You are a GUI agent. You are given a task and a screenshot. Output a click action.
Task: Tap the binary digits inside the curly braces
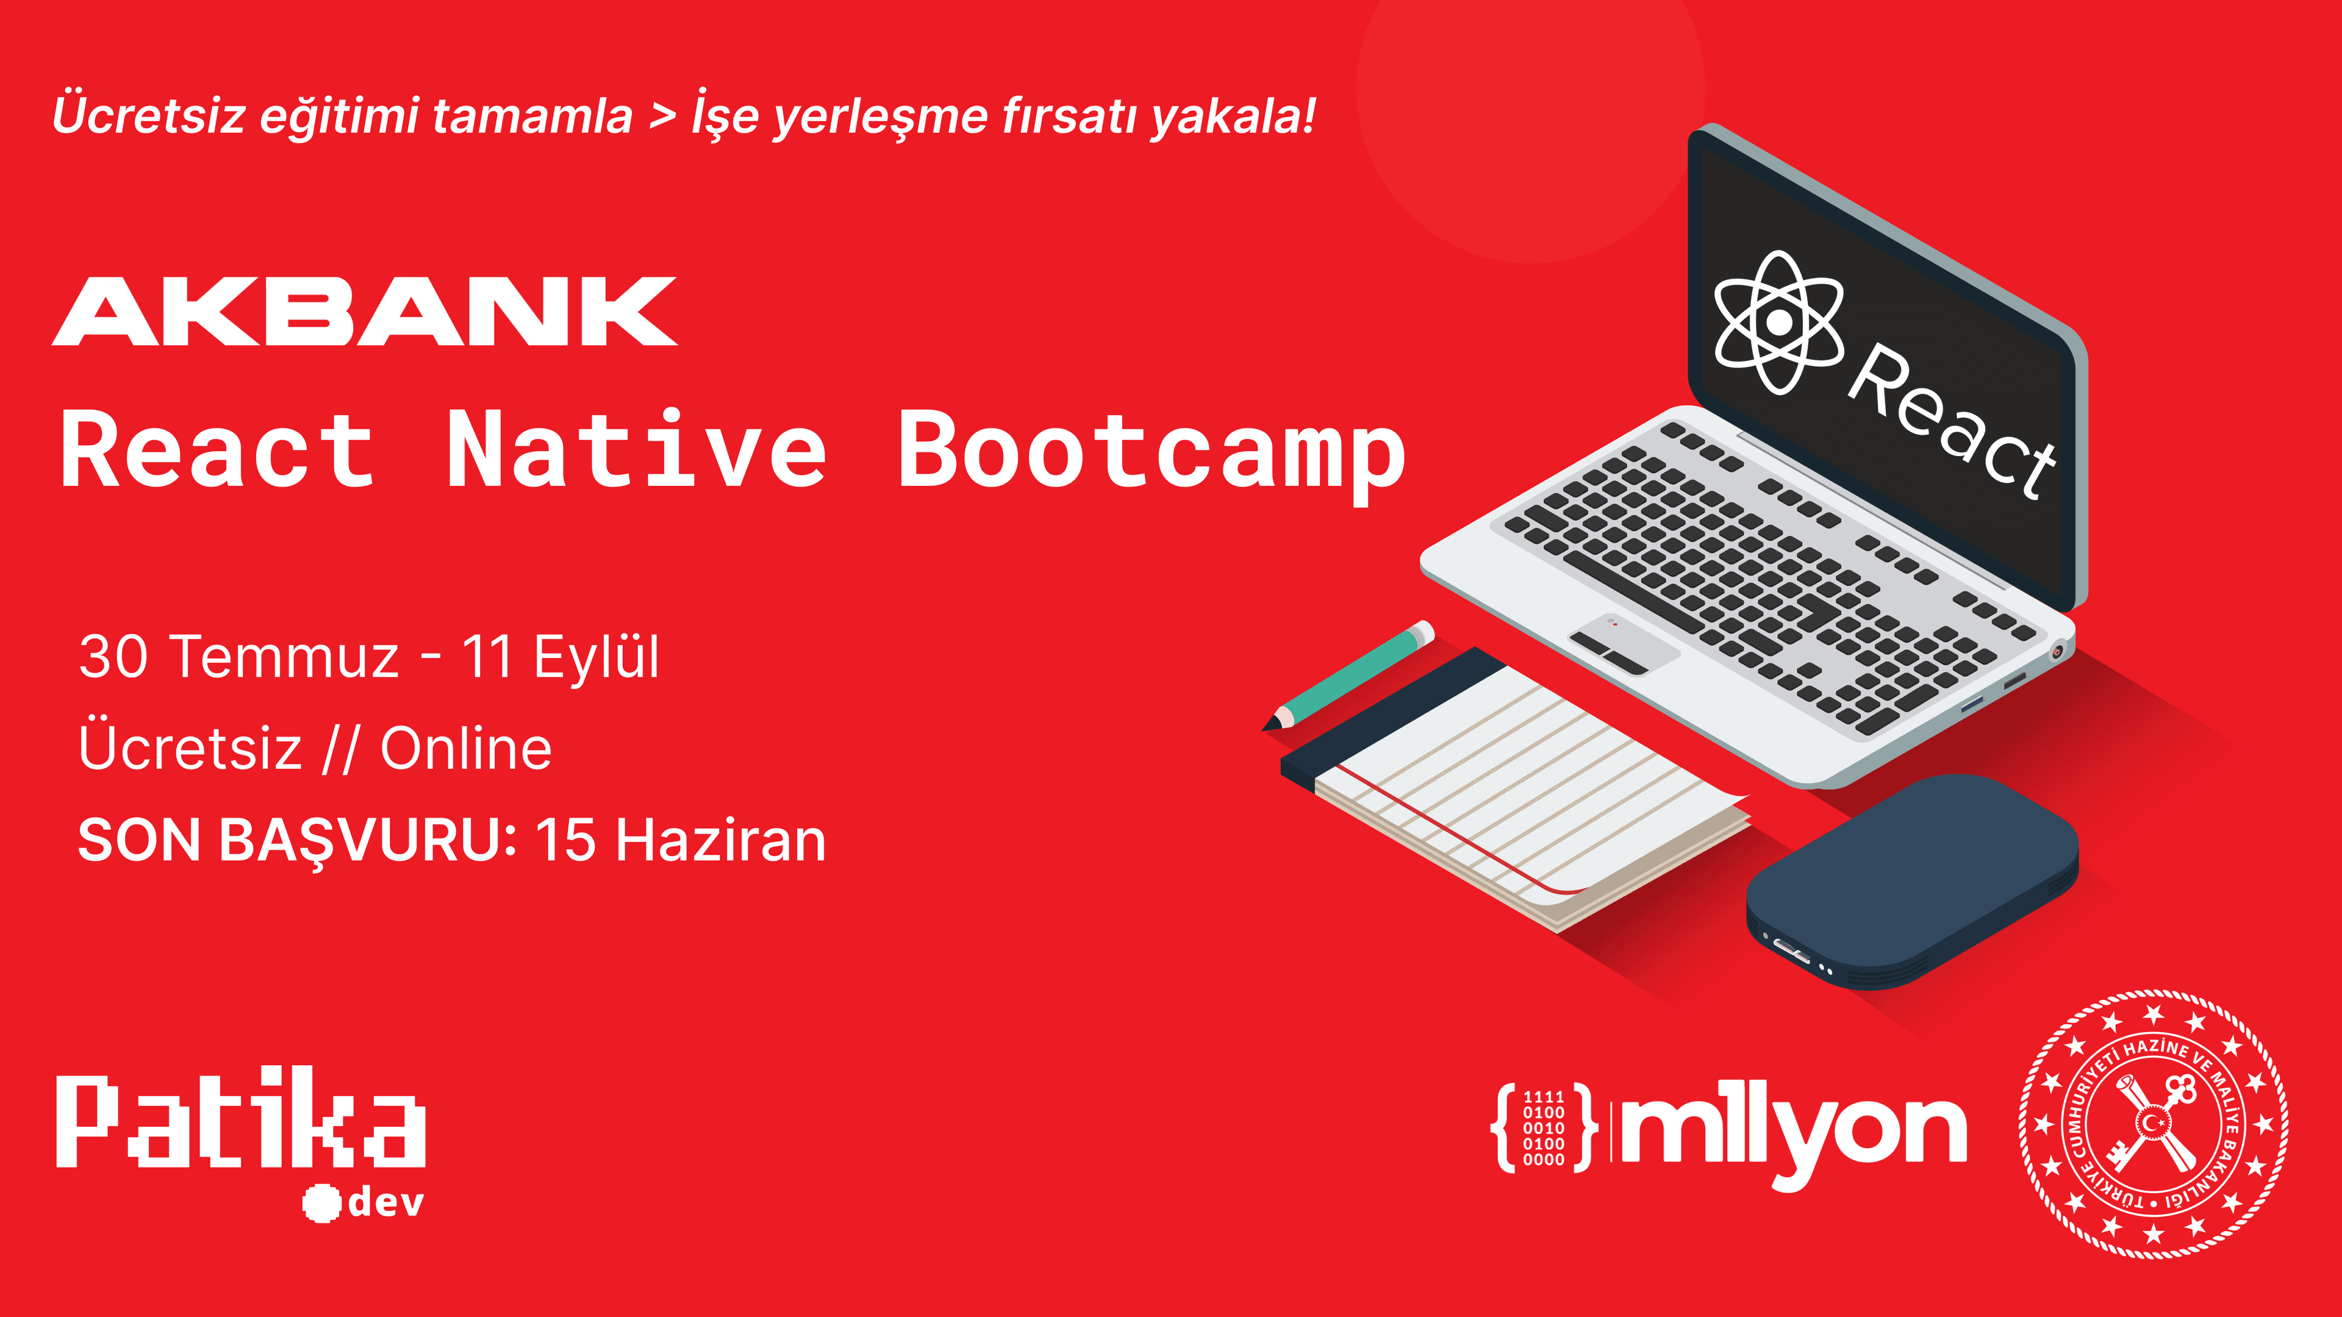(x=1543, y=1128)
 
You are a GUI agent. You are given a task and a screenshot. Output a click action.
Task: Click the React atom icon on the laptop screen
(x=1778, y=322)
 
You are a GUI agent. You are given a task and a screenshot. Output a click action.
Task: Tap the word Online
(x=465, y=749)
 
